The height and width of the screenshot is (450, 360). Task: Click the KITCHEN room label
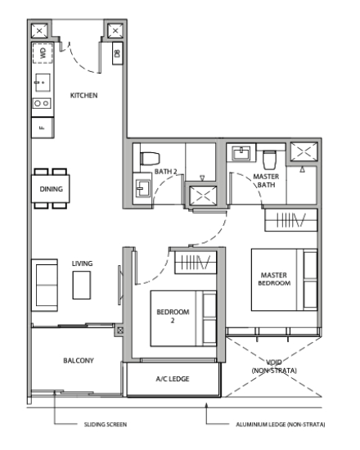[83, 95]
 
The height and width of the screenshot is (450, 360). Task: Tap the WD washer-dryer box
[43, 53]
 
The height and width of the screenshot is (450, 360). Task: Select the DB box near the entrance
[118, 53]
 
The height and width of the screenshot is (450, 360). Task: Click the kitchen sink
[43, 83]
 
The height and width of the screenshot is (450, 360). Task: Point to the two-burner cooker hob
[42, 103]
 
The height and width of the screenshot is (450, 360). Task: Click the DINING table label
[51, 189]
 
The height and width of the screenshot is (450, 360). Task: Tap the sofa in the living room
[44, 285]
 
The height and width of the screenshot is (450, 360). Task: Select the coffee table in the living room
[82, 286]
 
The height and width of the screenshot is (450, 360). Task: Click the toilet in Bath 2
[150, 159]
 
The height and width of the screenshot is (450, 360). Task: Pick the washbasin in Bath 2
[142, 188]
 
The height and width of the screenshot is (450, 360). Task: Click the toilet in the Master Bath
[269, 160]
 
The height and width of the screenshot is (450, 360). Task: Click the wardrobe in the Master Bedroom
[290, 220]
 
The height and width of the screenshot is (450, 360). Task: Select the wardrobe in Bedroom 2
[196, 263]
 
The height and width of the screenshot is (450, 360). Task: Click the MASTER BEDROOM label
[274, 279]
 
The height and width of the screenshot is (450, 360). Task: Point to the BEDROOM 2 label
[173, 316]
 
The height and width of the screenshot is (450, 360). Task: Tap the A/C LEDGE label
[173, 379]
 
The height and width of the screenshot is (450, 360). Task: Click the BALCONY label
[79, 361]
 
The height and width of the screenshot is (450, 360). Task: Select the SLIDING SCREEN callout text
[106, 425]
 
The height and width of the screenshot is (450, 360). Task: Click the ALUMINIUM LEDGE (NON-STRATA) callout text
[281, 425]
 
